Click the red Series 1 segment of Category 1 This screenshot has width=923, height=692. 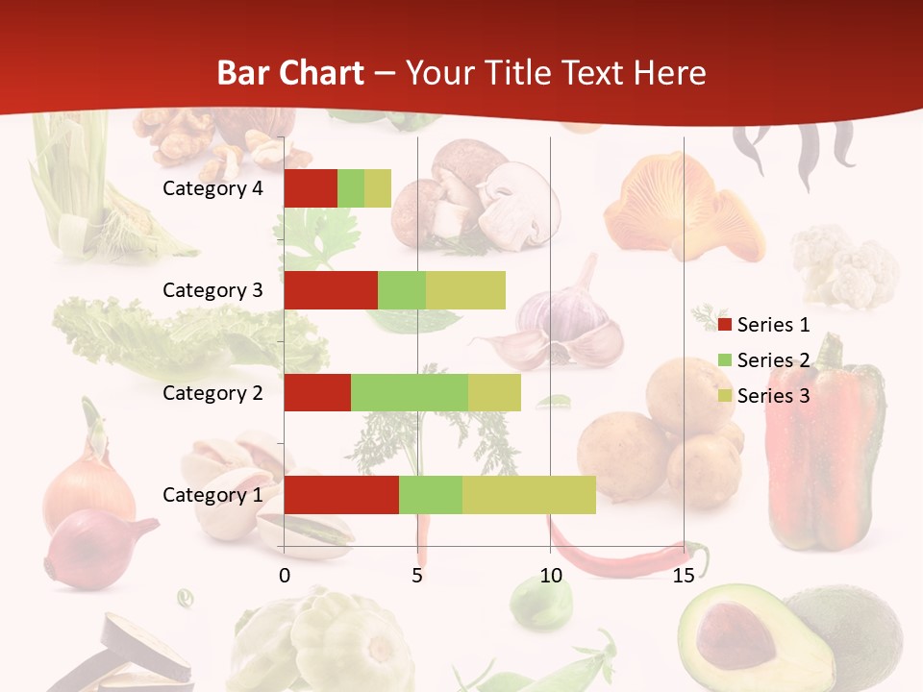pos(341,495)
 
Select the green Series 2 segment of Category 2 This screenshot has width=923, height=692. pos(410,392)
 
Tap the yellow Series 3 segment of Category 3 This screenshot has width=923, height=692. pos(465,290)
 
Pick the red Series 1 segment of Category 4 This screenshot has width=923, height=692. pos(311,188)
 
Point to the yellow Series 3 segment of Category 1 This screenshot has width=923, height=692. pos(529,495)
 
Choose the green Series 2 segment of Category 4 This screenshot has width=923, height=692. pos(351,188)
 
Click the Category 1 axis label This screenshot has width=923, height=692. pos(212,495)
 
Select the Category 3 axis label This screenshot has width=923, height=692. pos(212,290)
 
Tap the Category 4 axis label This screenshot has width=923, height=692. pos(212,188)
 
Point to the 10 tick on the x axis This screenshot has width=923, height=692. pos(550,576)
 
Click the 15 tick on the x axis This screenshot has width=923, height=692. pos(684,576)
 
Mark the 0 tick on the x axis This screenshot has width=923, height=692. pos(284,576)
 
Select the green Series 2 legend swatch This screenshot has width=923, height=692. pos(725,361)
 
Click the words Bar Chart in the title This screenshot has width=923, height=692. pos(290,73)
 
